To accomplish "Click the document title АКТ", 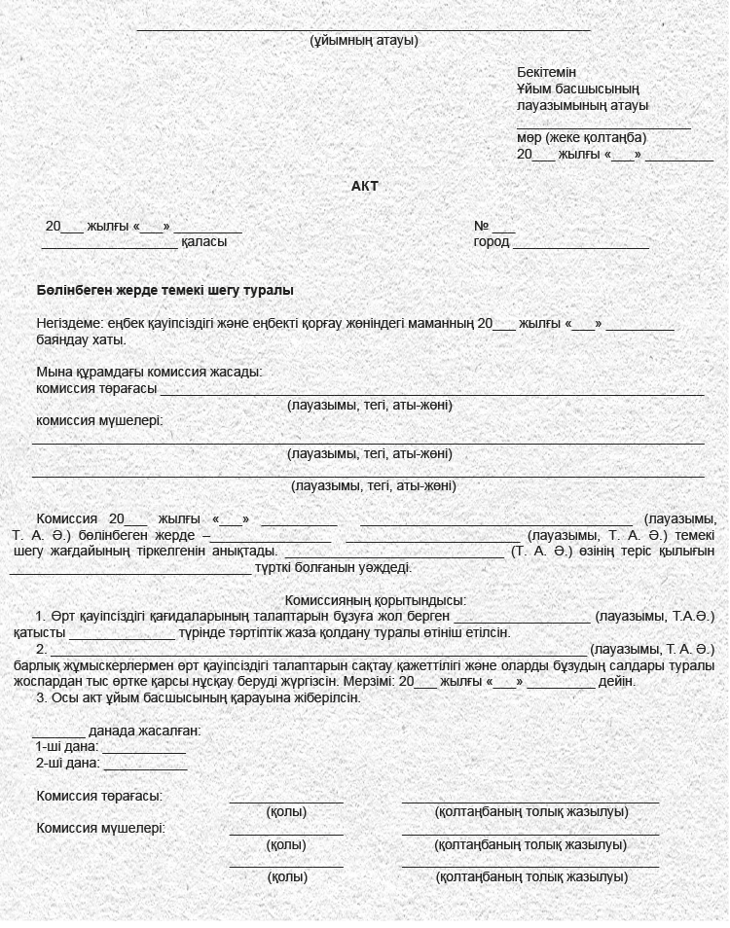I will click(x=364, y=186).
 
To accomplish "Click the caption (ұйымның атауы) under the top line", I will click(x=364, y=41).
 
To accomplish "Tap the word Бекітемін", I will click(x=546, y=73).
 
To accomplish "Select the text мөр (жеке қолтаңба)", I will click(x=581, y=138).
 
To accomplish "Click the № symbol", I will click(x=481, y=226).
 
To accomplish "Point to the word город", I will click(x=492, y=242).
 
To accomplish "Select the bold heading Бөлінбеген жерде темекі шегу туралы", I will click(x=164, y=291).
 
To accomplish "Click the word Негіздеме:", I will click(x=69, y=324).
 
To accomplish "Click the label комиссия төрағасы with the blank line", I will click(x=96, y=389).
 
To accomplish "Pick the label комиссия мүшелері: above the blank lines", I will click(x=99, y=421).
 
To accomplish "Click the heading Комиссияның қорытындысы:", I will click(x=375, y=601).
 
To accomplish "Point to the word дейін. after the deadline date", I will click(x=617, y=682).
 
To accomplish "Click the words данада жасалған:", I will click(x=144, y=731).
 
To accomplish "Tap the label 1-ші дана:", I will click(x=66, y=747).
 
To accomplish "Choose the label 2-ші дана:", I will click(x=66, y=764).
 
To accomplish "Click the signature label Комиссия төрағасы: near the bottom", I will click(x=99, y=796).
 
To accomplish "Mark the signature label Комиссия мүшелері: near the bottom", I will click(x=100, y=829).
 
